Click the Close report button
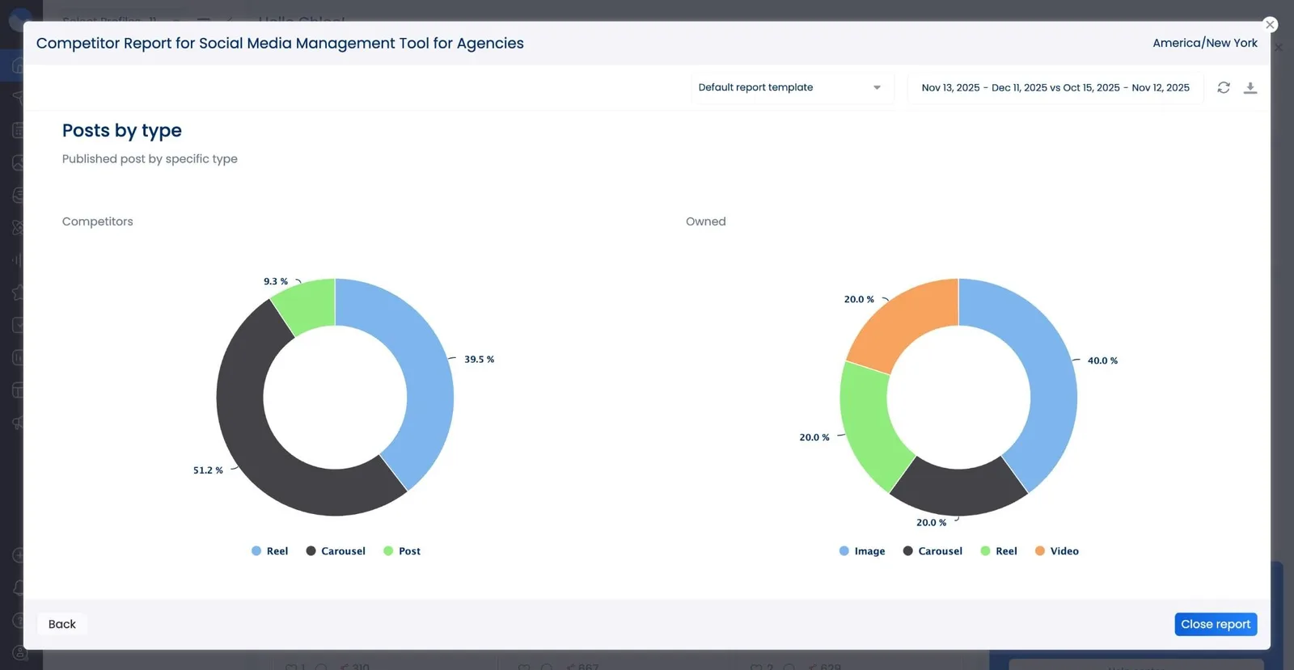click(1216, 624)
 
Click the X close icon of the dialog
click(1270, 25)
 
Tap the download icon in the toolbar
click(1250, 88)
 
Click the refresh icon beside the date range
click(1224, 88)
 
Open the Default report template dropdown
click(792, 87)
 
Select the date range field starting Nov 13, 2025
click(1055, 87)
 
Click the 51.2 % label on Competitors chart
click(208, 470)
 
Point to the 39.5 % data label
click(479, 360)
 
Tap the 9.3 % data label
click(276, 281)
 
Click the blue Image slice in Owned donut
click(1043, 380)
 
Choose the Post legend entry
click(402, 551)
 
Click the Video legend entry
click(1057, 551)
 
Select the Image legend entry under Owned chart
click(862, 551)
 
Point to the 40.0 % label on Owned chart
click(1102, 360)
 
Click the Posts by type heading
click(122, 131)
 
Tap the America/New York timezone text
click(1204, 43)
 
